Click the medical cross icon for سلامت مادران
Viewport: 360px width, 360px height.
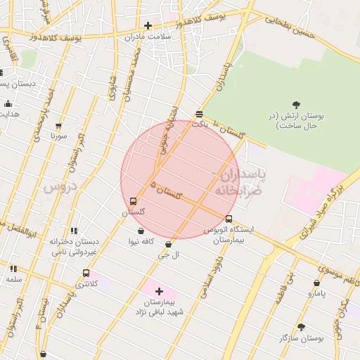(148, 25)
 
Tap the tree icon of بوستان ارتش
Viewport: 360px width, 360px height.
(295, 105)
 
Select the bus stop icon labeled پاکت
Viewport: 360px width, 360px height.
(200, 113)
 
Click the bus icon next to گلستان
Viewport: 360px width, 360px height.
(134, 201)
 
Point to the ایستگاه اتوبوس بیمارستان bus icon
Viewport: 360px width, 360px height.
(229, 219)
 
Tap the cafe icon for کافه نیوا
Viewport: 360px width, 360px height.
(141, 231)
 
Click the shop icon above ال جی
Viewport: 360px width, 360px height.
(168, 244)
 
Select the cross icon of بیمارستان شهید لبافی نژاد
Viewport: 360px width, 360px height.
(159, 290)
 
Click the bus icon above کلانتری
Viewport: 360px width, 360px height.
(86, 273)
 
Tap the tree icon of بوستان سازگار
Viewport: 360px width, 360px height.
(301, 327)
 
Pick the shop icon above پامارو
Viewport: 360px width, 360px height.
(316, 283)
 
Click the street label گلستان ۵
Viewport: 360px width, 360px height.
(166, 190)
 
